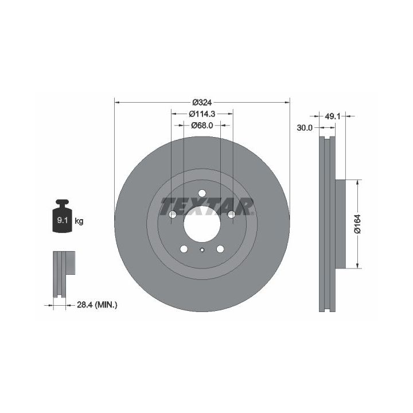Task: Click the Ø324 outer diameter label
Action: (202, 102)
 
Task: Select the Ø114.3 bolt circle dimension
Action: (202, 114)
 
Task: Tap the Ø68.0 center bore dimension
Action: (202, 126)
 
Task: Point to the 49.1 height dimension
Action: (332, 116)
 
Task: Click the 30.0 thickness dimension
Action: (305, 128)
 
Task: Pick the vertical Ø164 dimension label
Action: (357, 224)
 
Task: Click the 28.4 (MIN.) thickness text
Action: (97, 305)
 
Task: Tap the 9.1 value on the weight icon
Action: (63, 220)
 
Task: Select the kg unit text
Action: (79, 221)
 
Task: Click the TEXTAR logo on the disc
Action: (207, 206)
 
